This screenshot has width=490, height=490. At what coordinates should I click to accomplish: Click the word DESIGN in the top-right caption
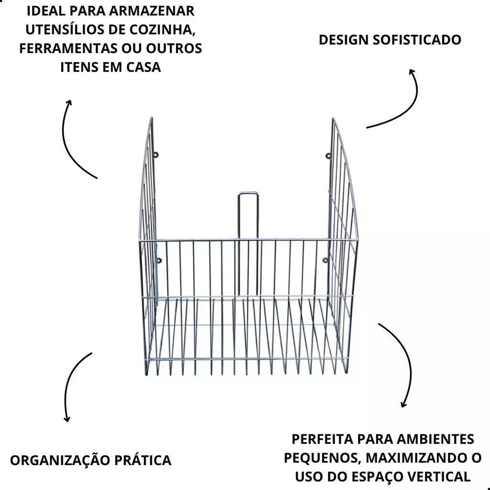coord(343,40)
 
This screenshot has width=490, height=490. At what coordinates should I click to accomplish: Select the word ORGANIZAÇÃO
coord(60,460)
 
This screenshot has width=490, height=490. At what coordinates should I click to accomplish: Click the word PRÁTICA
coord(143,460)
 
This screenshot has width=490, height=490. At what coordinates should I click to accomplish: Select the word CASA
coord(143,67)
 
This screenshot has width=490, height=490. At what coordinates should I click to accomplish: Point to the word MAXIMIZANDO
coord(412,458)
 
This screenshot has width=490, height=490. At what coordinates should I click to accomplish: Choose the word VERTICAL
coord(439,477)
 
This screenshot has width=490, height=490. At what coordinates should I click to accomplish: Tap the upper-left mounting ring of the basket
coord(156,155)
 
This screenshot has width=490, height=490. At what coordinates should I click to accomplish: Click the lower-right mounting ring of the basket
coord(325,260)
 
